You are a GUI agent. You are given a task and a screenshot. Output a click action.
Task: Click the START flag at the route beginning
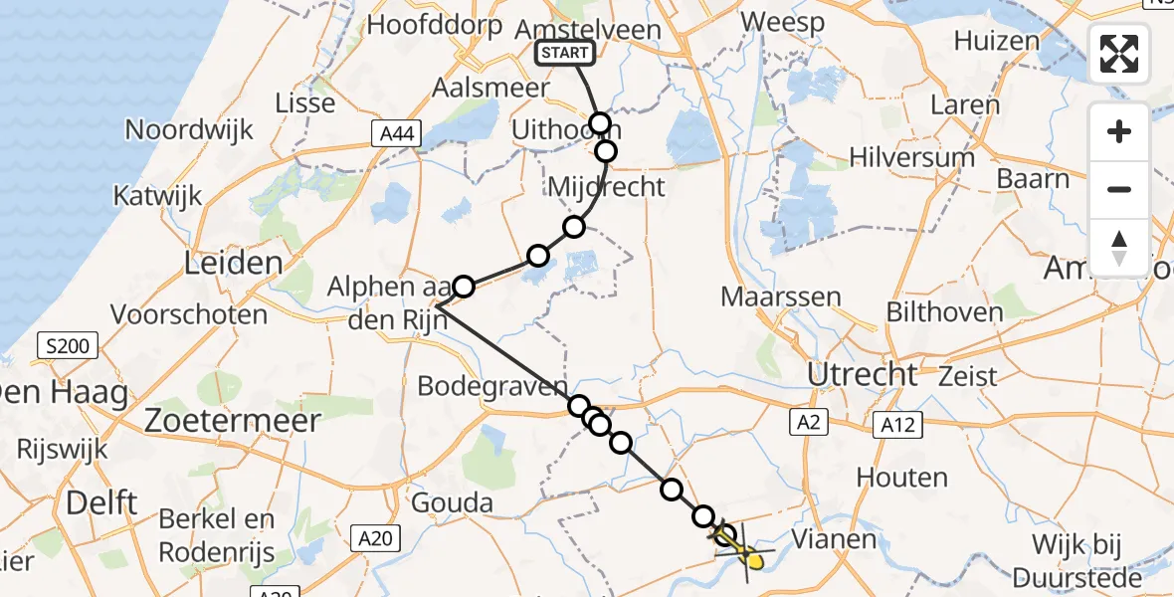(566, 54)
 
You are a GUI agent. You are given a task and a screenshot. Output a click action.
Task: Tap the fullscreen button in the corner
(1119, 54)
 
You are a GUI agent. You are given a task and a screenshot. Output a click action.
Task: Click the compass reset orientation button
(1119, 248)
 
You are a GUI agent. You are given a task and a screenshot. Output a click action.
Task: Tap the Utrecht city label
(863, 375)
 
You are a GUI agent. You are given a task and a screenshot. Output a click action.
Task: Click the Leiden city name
(234, 264)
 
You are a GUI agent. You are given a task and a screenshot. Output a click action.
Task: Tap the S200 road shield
(67, 347)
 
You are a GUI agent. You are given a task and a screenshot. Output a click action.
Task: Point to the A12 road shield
(898, 426)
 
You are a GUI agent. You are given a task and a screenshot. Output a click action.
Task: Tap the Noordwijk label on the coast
(189, 129)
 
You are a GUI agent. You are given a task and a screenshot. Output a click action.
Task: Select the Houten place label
(901, 478)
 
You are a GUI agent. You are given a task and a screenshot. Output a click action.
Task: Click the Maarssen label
(781, 297)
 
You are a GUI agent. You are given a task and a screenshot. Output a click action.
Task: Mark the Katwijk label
(158, 194)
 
